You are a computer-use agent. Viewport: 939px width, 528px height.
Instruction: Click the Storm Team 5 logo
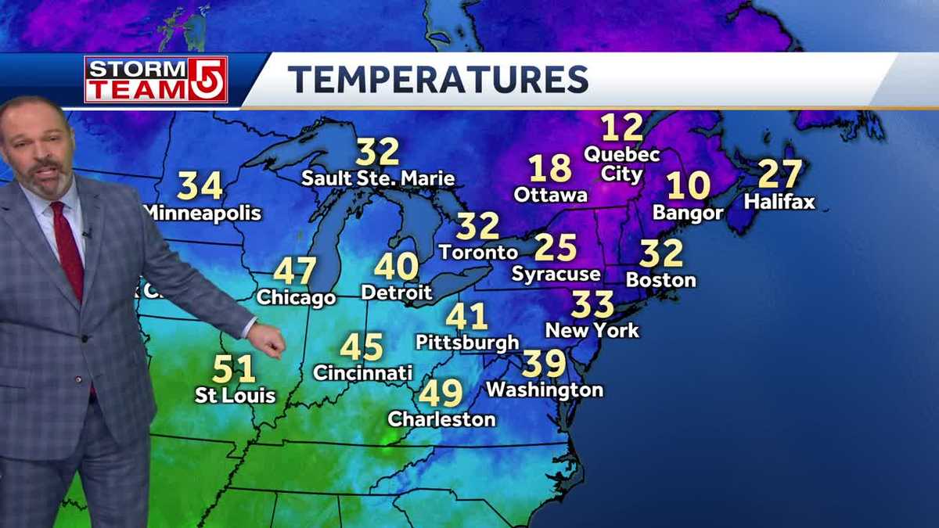pyautogui.click(x=156, y=79)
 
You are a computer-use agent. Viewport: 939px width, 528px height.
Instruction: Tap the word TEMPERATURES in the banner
pyautogui.click(x=437, y=80)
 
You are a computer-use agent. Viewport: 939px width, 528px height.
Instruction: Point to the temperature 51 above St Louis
pyautogui.click(x=234, y=368)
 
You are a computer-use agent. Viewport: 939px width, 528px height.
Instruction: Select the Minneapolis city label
pyautogui.click(x=203, y=212)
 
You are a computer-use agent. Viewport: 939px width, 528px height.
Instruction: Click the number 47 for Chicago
pyautogui.click(x=295, y=271)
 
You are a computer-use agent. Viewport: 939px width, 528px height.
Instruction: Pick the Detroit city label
pyautogui.click(x=397, y=293)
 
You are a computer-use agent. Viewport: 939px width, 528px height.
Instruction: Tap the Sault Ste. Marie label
pyautogui.click(x=378, y=178)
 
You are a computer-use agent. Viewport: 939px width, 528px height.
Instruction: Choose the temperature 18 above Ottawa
pyautogui.click(x=550, y=168)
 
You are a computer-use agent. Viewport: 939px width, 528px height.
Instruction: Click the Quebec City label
pyautogui.click(x=622, y=163)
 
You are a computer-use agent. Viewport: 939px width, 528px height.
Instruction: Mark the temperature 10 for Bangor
pyautogui.click(x=689, y=185)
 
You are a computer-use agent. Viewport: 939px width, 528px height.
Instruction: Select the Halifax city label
pyautogui.click(x=779, y=202)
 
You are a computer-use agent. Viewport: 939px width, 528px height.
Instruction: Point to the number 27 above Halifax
pyautogui.click(x=780, y=174)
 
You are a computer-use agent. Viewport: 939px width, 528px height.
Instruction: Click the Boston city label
pyautogui.click(x=661, y=279)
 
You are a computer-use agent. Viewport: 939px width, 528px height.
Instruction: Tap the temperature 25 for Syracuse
pyautogui.click(x=556, y=247)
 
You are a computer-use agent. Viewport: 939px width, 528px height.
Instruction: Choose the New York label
pyautogui.click(x=592, y=330)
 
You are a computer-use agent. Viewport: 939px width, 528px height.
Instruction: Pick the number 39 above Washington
pyautogui.click(x=544, y=364)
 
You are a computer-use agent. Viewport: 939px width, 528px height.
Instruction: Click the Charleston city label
pyautogui.click(x=441, y=419)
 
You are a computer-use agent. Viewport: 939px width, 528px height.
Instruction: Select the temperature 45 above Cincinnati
pyautogui.click(x=362, y=347)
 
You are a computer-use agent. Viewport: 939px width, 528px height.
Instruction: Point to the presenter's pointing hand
pyautogui.click(x=267, y=340)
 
